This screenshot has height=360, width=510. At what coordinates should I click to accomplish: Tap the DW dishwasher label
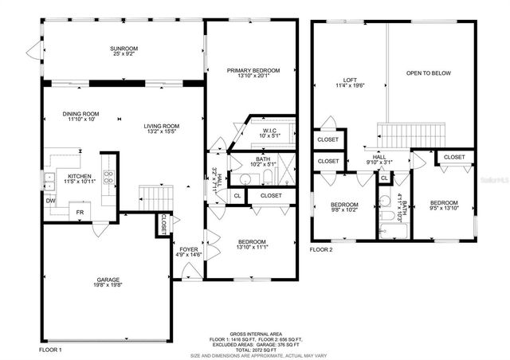click(50, 202)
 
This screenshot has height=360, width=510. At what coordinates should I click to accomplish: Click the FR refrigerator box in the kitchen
click(80, 213)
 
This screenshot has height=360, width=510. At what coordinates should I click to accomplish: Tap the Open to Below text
click(428, 73)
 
